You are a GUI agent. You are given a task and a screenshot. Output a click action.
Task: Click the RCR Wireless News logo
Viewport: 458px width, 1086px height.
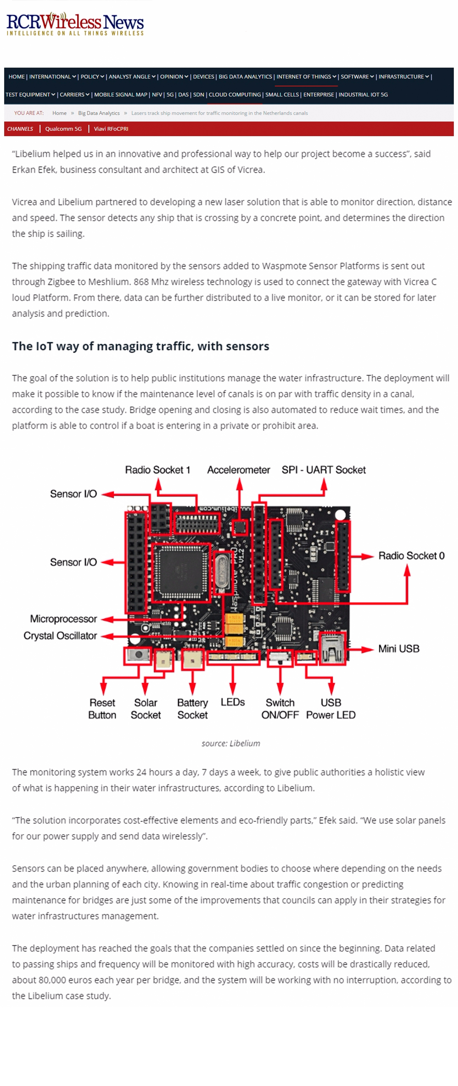(x=75, y=24)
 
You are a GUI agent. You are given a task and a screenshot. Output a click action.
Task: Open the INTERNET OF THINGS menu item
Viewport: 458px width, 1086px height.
(x=304, y=77)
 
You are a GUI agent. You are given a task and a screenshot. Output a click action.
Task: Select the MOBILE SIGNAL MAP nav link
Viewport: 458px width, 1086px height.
(x=120, y=95)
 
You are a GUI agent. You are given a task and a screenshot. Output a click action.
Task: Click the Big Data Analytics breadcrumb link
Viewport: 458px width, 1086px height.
(x=99, y=113)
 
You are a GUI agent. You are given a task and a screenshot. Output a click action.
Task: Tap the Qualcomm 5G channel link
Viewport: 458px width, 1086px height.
(x=63, y=129)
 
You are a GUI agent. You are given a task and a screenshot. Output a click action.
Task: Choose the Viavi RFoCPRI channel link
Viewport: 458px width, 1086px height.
(x=111, y=129)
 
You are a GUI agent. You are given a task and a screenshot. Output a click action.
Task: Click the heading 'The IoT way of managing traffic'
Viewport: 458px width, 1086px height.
(x=140, y=346)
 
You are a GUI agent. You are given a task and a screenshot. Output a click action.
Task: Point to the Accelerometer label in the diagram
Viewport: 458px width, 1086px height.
(x=238, y=470)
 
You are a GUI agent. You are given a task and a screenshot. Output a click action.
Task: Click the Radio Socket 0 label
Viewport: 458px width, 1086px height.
(x=411, y=555)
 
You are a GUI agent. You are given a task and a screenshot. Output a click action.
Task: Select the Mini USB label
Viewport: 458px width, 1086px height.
(x=398, y=648)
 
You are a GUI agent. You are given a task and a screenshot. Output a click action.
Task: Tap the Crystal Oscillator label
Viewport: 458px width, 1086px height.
(x=60, y=635)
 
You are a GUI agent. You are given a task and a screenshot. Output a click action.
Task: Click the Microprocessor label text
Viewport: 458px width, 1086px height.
(x=63, y=618)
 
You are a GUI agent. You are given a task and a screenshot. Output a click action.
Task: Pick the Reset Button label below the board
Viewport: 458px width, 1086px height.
(x=102, y=708)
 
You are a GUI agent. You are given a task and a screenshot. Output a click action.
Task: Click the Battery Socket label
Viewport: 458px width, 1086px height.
(x=192, y=708)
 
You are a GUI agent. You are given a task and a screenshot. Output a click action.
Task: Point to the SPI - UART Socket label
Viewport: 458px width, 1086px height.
(x=323, y=470)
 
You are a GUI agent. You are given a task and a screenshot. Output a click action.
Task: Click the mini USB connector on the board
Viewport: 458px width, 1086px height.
(x=332, y=648)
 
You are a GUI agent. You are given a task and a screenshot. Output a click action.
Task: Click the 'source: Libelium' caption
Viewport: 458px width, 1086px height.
(x=231, y=743)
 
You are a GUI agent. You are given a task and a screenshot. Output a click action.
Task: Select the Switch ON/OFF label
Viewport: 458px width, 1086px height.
(x=280, y=708)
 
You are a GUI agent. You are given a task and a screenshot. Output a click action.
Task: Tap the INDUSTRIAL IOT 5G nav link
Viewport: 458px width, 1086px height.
(x=363, y=95)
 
